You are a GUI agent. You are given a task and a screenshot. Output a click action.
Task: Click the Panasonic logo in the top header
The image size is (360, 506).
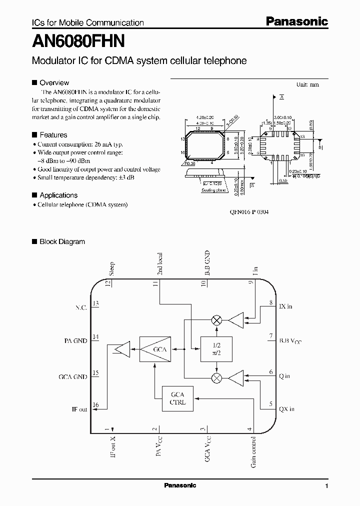296,21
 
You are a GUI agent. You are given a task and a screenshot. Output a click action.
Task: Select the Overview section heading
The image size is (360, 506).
54,83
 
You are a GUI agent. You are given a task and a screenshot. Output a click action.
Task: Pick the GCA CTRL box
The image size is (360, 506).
177,398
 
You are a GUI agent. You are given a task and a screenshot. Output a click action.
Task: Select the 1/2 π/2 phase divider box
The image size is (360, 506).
216,348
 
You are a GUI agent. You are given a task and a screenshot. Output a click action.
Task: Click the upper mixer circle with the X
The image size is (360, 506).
216,320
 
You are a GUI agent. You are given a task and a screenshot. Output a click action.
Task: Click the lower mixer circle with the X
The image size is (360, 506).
216,377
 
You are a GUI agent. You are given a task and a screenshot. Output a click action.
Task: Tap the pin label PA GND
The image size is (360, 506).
75,340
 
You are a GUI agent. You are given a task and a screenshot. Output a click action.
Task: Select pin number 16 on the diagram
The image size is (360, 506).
95,405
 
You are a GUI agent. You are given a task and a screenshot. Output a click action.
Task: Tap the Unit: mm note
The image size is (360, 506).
307,84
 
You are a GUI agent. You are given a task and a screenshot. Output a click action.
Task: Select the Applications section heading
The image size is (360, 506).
58,195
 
